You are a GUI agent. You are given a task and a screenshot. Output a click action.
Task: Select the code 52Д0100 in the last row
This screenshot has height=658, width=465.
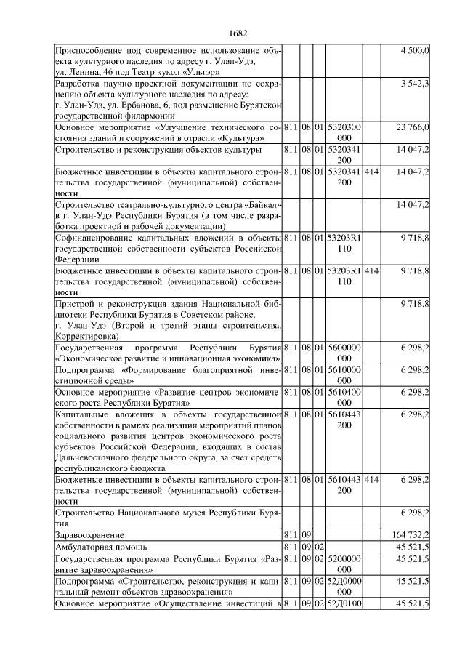[x=344, y=604]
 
